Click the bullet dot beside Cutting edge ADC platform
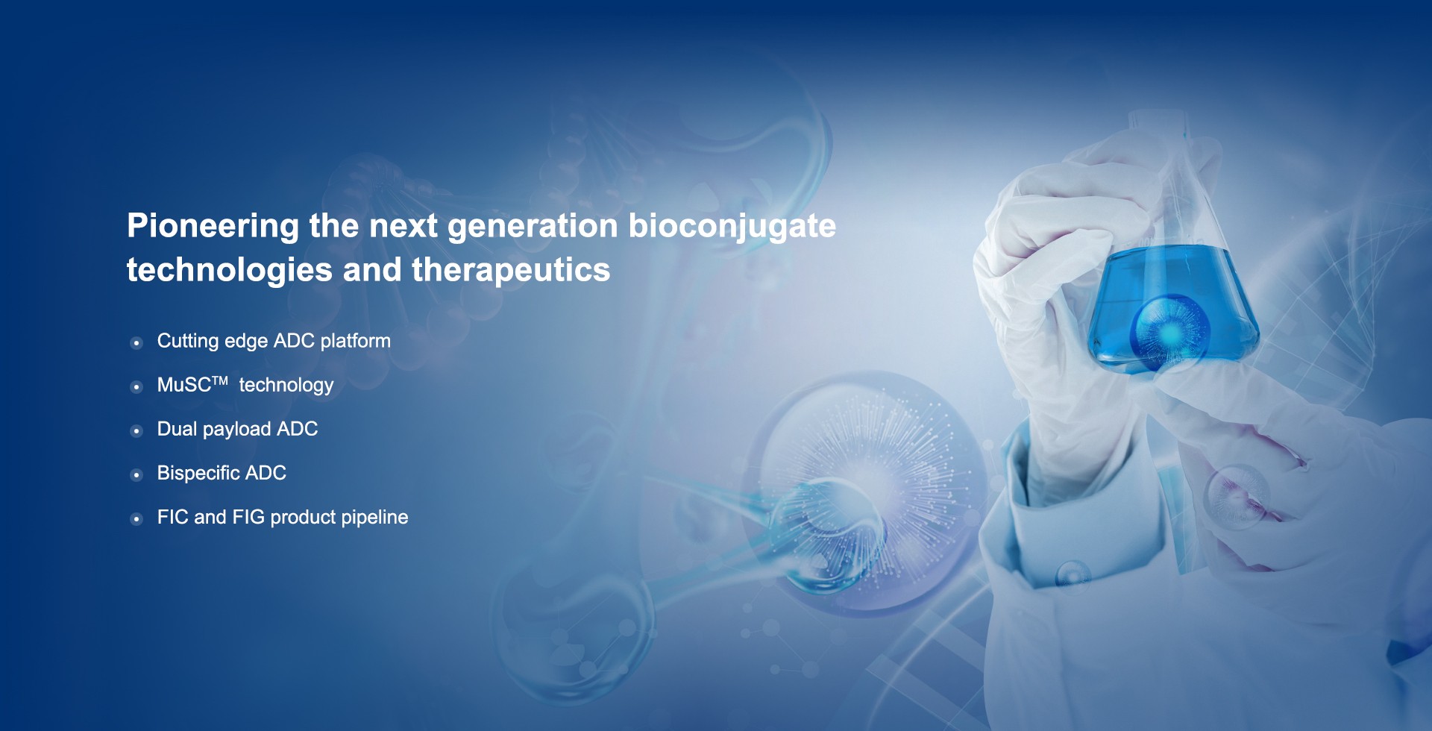pos(136,343)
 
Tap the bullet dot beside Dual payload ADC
pos(136,431)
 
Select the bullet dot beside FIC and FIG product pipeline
pos(136,519)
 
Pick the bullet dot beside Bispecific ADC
pos(136,475)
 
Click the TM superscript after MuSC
pos(220,380)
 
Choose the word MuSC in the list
pos(184,385)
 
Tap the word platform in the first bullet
pos(356,342)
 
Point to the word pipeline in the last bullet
pos(374,518)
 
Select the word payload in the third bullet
pos(236,430)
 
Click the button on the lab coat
pos(1073,574)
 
